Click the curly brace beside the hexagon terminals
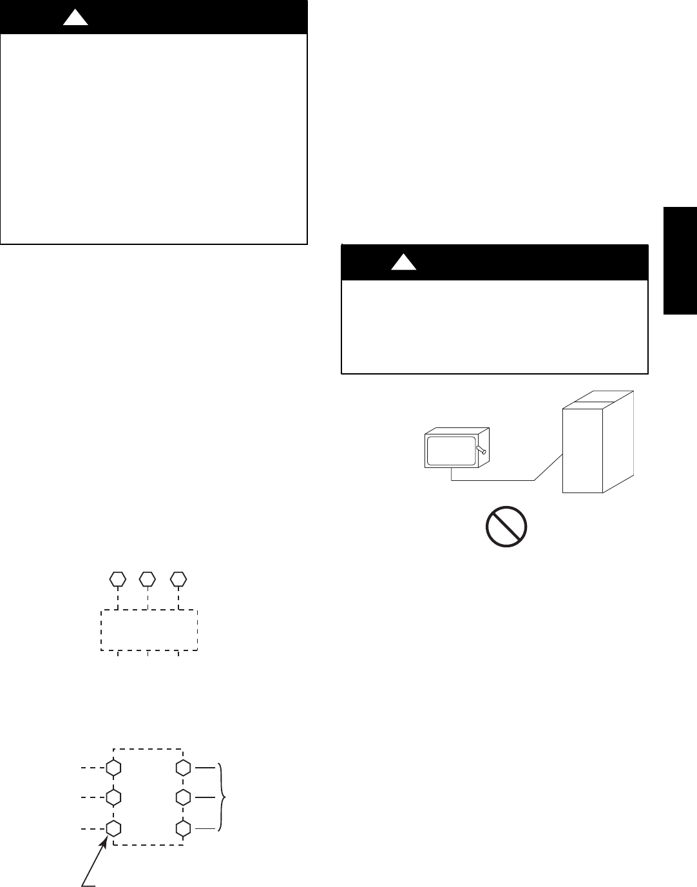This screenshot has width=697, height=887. (223, 797)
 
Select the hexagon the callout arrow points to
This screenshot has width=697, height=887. (113, 828)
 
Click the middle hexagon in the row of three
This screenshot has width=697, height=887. (148, 578)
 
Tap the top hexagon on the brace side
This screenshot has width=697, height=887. (184, 768)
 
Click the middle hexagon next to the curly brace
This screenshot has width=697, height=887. (184, 797)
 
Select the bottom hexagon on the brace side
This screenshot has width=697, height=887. (184, 828)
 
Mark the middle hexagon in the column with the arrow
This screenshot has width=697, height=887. (113, 797)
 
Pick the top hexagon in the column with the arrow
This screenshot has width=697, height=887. (113, 768)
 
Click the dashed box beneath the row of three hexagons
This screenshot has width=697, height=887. (149, 630)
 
